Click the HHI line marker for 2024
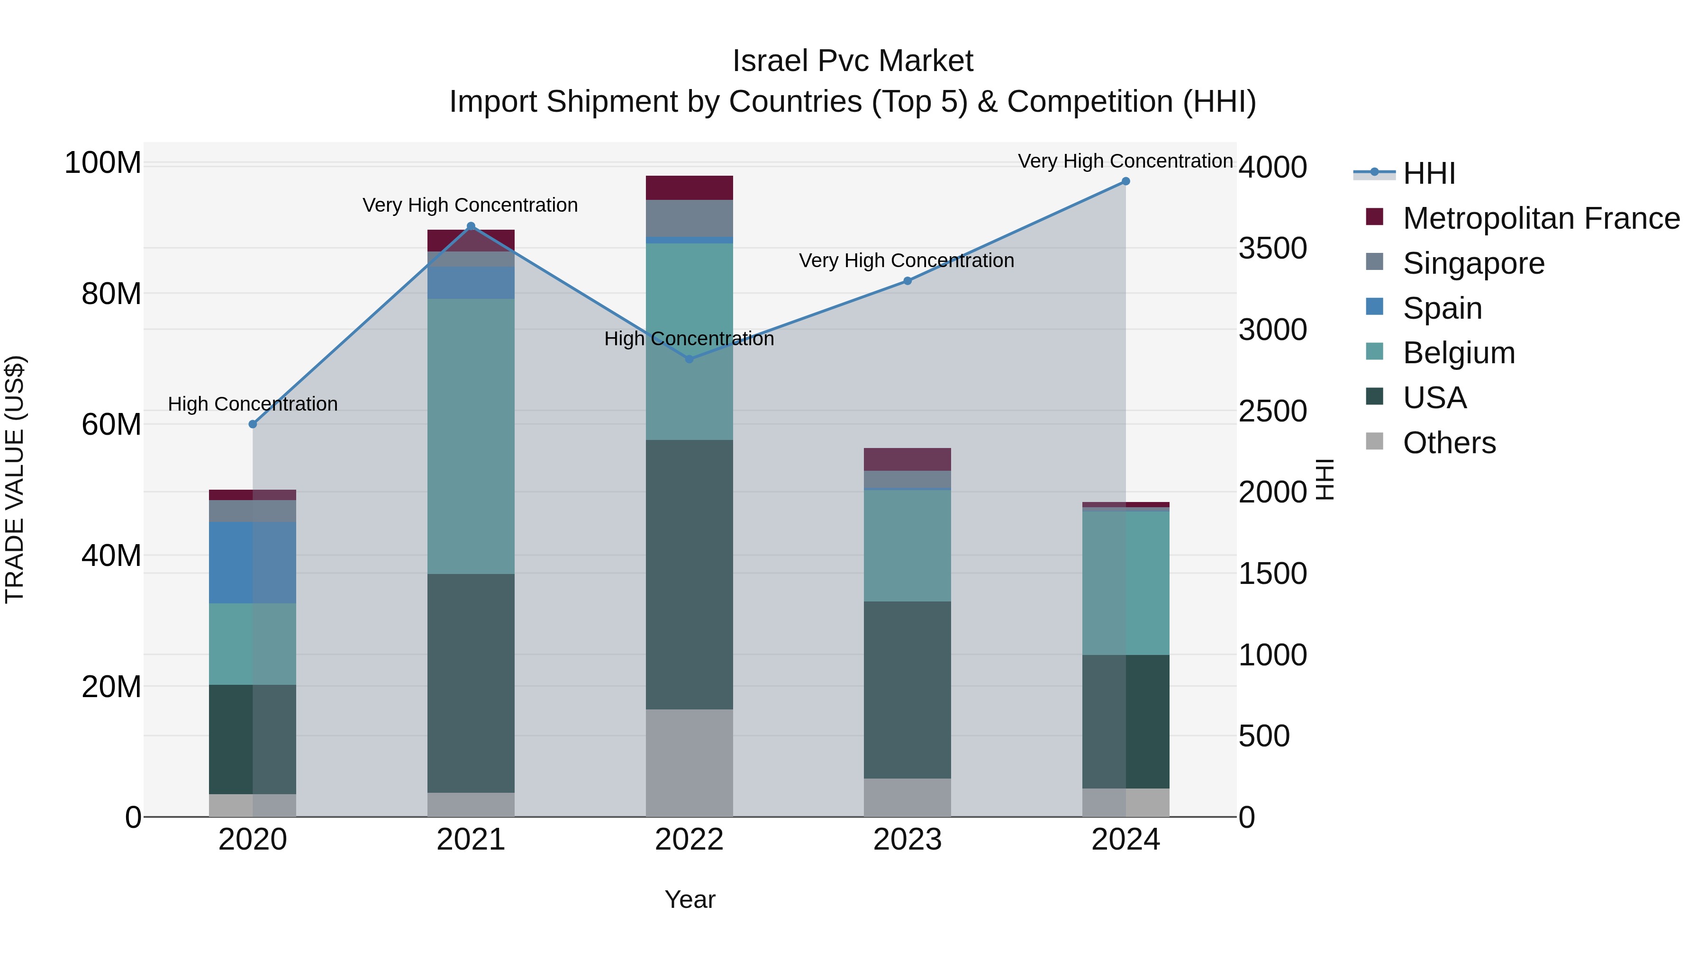tap(1125, 181)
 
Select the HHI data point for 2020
tap(252, 424)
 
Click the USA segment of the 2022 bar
tap(689, 574)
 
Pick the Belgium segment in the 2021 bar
tap(471, 436)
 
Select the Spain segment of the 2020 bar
tap(252, 563)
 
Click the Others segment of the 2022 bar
tap(689, 762)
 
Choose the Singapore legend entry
tap(1473, 263)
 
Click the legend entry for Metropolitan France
tap(1541, 218)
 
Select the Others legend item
tap(1449, 443)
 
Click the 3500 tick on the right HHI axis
tap(1272, 249)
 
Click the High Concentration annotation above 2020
tap(252, 403)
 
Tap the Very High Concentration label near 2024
tap(1125, 161)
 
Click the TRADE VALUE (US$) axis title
tap(15, 479)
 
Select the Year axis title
tap(690, 899)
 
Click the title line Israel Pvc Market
tap(853, 61)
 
